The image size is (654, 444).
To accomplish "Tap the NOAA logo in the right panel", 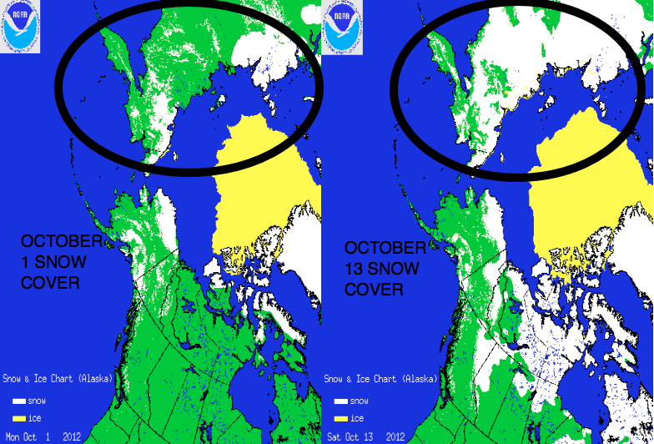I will tap(340, 26).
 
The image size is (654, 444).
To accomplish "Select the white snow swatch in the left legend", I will tap(18, 401).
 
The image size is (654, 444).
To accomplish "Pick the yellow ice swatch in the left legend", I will tap(18, 418).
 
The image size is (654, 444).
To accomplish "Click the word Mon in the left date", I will tap(11, 436).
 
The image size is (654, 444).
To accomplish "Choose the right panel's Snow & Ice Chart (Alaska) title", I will tap(380, 379).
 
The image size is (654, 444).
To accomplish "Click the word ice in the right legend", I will tap(357, 418).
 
